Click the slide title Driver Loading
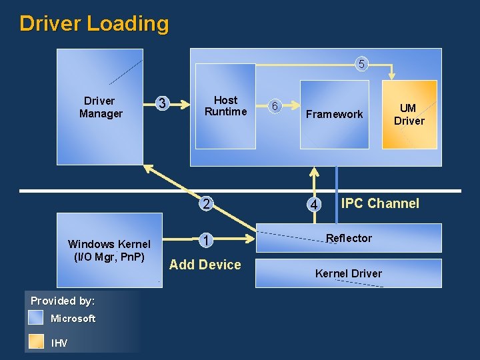(x=94, y=24)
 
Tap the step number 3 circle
(x=161, y=103)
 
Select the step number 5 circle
(x=361, y=65)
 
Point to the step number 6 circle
(x=275, y=106)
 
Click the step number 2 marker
(x=207, y=204)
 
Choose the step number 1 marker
(x=207, y=240)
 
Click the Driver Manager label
(x=100, y=107)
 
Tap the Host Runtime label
(x=225, y=106)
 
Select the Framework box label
(x=334, y=115)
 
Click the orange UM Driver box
(x=409, y=115)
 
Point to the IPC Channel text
(x=380, y=203)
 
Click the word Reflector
(x=349, y=238)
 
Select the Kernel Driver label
(x=349, y=273)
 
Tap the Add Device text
(x=205, y=265)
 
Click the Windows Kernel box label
(x=109, y=250)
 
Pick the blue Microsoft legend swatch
(x=37, y=318)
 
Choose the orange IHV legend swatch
(x=37, y=341)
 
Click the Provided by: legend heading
(x=63, y=301)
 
